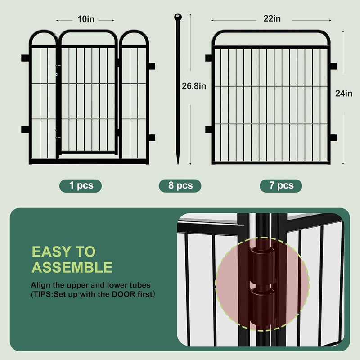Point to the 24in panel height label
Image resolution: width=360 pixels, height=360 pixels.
click(344, 94)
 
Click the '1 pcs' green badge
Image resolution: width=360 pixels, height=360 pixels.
click(81, 185)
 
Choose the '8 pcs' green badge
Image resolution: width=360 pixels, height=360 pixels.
click(180, 185)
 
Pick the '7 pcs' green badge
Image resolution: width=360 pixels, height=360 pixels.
click(281, 185)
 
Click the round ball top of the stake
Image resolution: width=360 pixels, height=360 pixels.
click(178, 17)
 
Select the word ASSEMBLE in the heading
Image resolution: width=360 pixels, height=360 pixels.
click(72, 268)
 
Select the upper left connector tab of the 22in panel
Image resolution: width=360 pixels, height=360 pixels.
click(209, 58)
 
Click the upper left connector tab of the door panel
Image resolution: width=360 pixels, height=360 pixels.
click(25, 58)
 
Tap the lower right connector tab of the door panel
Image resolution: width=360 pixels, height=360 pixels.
click(151, 137)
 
